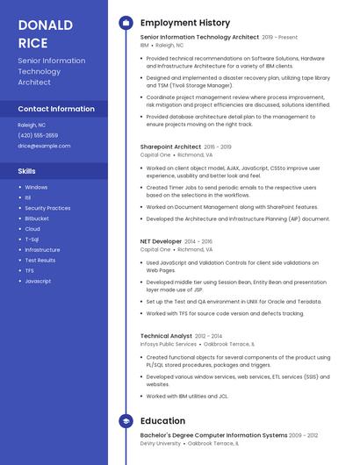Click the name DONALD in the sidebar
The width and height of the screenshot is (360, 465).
tap(46, 25)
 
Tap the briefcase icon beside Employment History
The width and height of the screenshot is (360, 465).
tap(126, 23)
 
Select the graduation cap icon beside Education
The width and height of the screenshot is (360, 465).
tap(126, 421)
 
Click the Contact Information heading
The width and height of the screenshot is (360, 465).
tap(56, 109)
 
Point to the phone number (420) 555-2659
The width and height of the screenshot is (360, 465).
tap(38, 135)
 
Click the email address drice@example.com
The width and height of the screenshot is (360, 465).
tap(44, 146)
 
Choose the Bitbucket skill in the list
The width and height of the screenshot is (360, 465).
tap(37, 218)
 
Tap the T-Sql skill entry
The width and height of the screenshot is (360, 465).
tap(32, 239)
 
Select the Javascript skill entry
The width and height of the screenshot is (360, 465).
tap(38, 281)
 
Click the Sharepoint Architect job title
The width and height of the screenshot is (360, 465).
tap(170, 147)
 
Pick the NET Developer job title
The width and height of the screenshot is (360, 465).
tap(160, 240)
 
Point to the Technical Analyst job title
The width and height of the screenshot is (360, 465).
tap(166, 336)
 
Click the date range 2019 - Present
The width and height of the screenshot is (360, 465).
tap(279, 38)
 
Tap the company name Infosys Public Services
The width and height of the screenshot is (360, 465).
tap(169, 344)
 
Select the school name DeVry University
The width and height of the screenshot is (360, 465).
tap(161, 443)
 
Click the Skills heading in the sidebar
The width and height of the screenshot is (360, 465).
tap(27, 171)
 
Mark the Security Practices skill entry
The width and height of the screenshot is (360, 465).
tap(47, 208)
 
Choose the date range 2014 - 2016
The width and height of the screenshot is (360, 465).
tap(198, 240)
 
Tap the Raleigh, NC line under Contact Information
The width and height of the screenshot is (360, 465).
tap(32, 125)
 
